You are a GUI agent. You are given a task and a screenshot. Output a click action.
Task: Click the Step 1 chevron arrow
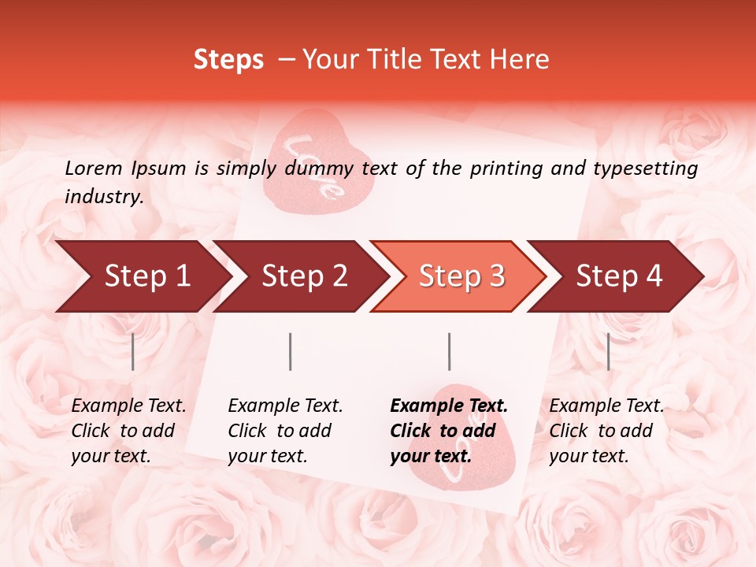click(146, 276)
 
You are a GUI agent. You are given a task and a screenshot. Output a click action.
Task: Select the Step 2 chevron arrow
click(304, 276)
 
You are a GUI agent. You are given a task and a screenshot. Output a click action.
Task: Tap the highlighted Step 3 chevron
click(461, 276)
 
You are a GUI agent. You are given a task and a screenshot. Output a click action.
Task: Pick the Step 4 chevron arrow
click(618, 276)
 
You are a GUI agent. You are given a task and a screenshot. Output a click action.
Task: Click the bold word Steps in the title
click(228, 60)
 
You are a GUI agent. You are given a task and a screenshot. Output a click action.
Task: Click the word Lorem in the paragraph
click(94, 168)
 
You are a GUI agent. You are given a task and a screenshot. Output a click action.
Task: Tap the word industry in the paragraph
click(102, 197)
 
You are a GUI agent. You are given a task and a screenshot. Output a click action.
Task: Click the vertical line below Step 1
click(133, 351)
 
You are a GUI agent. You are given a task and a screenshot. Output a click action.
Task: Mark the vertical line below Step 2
click(291, 351)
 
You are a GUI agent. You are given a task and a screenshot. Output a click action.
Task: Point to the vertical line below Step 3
click(450, 351)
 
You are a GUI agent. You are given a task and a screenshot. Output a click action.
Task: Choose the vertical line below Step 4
click(608, 351)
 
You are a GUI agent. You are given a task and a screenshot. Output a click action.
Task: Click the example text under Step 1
click(128, 431)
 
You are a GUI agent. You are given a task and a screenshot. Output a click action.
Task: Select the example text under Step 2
click(285, 431)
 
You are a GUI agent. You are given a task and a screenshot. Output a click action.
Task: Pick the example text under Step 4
click(606, 431)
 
